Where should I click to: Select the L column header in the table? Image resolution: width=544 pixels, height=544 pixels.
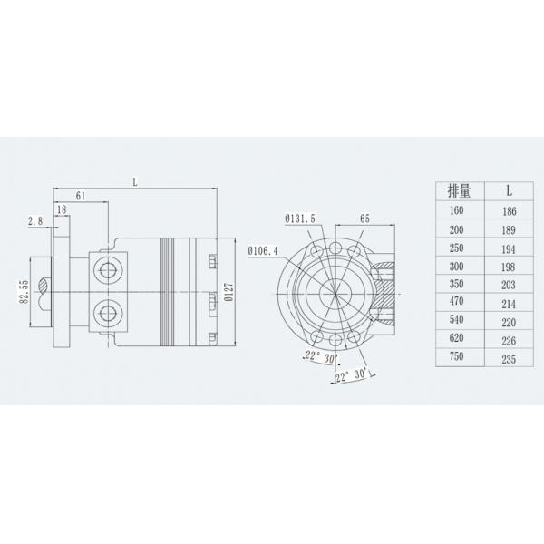pyautogui.click(x=510, y=190)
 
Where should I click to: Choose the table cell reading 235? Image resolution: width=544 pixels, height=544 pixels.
pyautogui.click(x=510, y=358)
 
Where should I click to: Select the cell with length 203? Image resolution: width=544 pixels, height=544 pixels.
pyautogui.click(x=510, y=284)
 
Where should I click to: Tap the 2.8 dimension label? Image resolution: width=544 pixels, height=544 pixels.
pyautogui.click(x=35, y=220)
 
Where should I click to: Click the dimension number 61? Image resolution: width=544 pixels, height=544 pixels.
pyautogui.click(x=81, y=195)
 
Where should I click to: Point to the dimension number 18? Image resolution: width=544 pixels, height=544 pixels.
pyautogui.click(x=61, y=209)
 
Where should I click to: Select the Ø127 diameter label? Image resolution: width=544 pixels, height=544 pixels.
pyautogui.click(x=228, y=291)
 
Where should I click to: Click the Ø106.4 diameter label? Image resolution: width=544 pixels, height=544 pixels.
pyautogui.click(x=264, y=251)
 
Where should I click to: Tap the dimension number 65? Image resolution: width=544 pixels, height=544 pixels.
pyautogui.click(x=364, y=219)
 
